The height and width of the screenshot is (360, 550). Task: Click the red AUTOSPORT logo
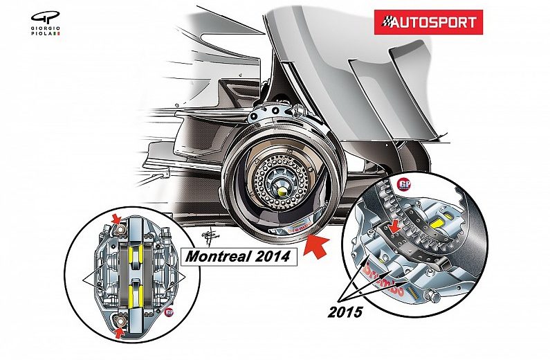click(429, 22)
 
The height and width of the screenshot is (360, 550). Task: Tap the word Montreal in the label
click(215, 257)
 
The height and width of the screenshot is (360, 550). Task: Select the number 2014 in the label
click(271, 257)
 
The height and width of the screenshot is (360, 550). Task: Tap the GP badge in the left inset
click(169, 313)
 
